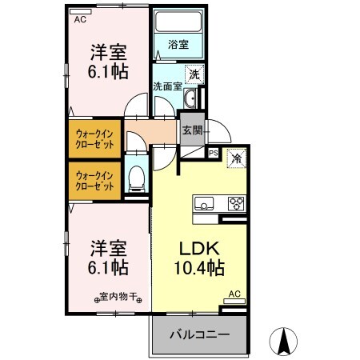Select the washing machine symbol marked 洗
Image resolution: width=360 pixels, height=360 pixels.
coord(194,74)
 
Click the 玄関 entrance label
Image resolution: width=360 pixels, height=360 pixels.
coord(191,130)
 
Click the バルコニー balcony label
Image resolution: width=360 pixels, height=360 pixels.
coord(199,335)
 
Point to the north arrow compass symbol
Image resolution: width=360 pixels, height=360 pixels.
coord(283,342)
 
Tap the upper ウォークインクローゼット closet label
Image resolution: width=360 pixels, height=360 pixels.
coord(94,139)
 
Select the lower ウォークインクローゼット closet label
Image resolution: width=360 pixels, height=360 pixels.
coord(94,179)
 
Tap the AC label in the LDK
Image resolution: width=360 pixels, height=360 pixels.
coord(234,294)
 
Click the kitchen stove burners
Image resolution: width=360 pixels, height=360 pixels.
coord(236,202)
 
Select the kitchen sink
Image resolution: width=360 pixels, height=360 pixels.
coord(203,202)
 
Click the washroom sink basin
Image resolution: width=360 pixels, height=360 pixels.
coord(191,99)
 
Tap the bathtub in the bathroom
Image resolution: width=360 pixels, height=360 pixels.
coord(178,23)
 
